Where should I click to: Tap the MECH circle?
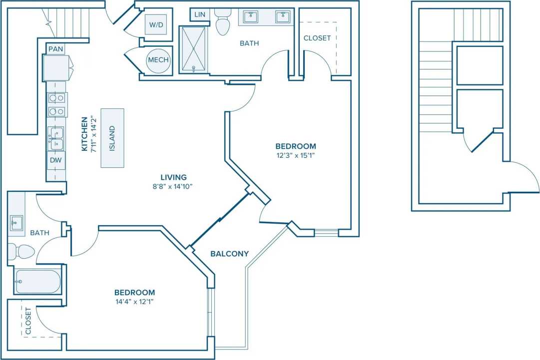[x=158, y=60]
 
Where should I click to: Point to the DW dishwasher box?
[x=55, y=160]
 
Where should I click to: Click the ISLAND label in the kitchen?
[x=112, y=138]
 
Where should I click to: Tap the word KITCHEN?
[x=84, y=134]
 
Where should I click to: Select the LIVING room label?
[x=173, y=177]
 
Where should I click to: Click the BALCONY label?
[x=229, y=254]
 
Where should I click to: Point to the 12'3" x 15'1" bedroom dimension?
[x=296, y=155]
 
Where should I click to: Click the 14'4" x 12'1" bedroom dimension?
[x=134, y=302]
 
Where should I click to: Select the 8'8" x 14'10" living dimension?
[x=173, y=186]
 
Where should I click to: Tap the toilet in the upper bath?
[x=222, y=23]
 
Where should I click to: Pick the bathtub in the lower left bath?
[x=37, y=282]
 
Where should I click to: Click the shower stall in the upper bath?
[x=193, y=49]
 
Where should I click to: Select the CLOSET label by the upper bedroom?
[x=317, y=38]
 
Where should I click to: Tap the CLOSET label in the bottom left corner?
[x=28, y=321]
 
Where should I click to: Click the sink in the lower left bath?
[x=16, y=223]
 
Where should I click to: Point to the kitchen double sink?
[x=55, y=138]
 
